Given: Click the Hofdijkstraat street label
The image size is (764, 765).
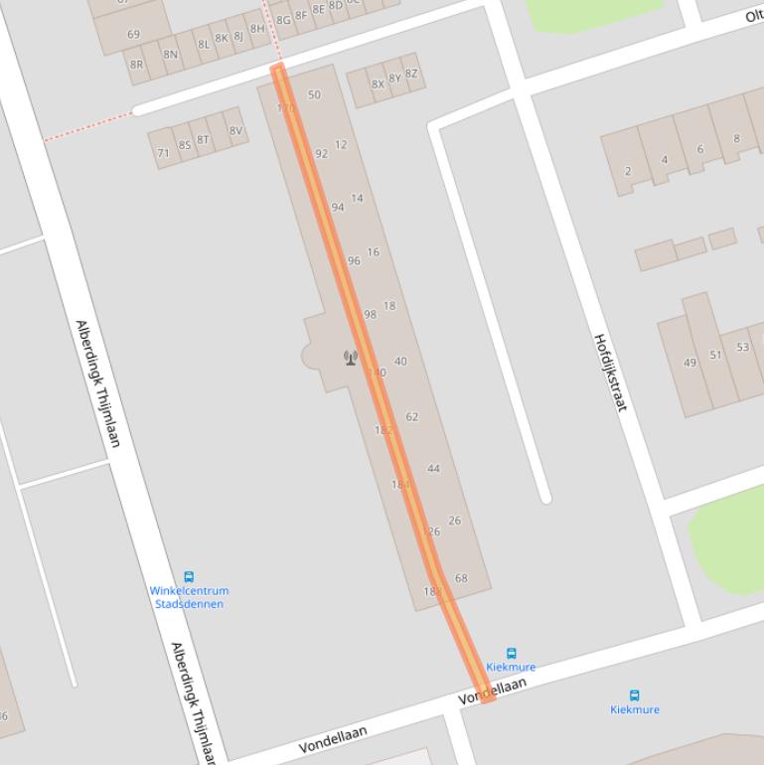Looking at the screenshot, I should [x=610, y=372].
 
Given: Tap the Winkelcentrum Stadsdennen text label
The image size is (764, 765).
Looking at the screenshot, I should [x=189, y=597].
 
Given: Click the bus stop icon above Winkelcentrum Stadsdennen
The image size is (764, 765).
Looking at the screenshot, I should [x=189, y=576].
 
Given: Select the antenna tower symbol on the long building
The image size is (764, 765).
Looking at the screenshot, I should [x=350, y=358].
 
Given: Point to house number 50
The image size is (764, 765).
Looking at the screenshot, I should [x=314, y=95].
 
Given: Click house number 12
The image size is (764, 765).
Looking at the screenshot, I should [x=341, y=145].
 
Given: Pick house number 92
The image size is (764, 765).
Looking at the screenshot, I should [x=321, y=154].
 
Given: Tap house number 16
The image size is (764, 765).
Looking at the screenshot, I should [x=373, y=252].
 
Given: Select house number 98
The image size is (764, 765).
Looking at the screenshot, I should [x=370, y=314].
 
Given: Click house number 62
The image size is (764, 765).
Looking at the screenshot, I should [x=412, y=417].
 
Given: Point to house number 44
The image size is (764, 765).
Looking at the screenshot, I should [x=433, y=469].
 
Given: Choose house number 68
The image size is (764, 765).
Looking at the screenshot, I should [x=461, y=578].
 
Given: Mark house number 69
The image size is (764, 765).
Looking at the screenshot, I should [x=133, y=35].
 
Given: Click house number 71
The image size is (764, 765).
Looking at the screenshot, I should [x=163, y=153].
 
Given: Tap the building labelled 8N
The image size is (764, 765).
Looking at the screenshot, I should [x=170, y=55].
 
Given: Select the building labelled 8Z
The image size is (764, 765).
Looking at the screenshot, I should [x=411, y=74].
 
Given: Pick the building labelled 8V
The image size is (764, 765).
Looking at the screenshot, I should [x=234, y=131].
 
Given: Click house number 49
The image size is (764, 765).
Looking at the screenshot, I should [x=689, y=363].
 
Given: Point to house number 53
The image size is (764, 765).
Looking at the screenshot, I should [x=742, y=348].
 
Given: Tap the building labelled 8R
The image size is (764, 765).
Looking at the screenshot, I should [x=137, y=65].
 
